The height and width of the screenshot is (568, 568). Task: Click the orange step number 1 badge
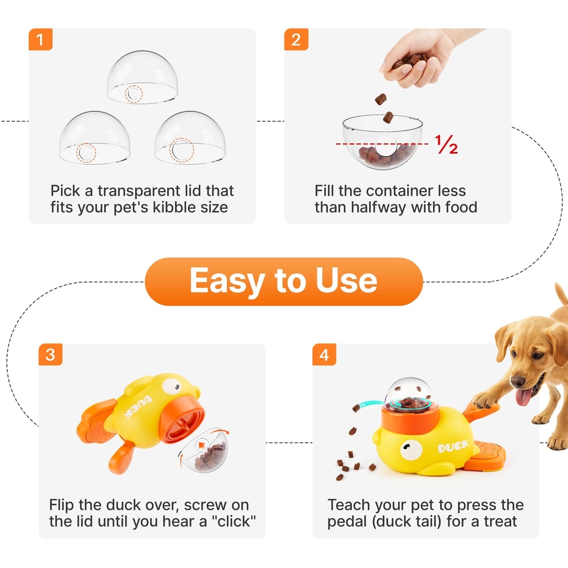pos(40,40)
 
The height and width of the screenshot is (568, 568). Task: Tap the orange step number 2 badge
pos(296,40)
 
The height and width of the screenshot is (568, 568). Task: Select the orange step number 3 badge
pos(50,355)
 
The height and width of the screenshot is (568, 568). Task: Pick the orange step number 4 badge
pos(324,355)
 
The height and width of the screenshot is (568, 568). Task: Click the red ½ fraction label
pos(446,144)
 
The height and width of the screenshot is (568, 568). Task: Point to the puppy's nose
pos(517,380)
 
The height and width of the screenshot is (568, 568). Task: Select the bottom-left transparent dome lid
pos(95,137)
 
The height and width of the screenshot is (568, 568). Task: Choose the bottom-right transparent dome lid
pos(190,137)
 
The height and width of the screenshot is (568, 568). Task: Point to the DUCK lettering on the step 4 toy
pos(453,446)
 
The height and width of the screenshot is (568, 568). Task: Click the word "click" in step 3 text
pos(234,521)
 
